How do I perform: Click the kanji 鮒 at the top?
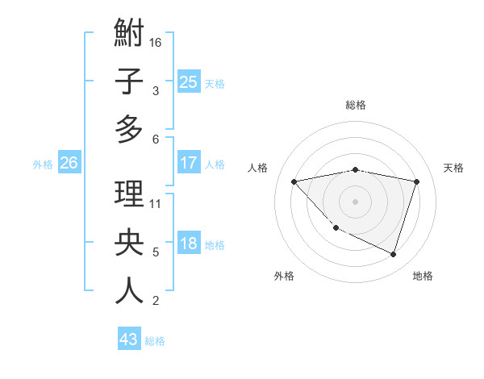click(x=129, y=35)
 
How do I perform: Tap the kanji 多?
click(x=129, y=129)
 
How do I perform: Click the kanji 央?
click(x=129, y=244)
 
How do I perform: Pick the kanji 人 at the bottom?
click(x=129, y=291)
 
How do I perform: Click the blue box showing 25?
click(x=188, y=81)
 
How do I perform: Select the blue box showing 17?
click(x=188, y=163)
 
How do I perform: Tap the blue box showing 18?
click(x=188, y=244)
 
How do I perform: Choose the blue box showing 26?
click(x=69, y=163)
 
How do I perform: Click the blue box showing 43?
click(x=128, y=339)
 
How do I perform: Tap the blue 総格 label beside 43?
click(x=155, y=341)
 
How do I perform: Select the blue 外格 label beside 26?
click(x=43, y=165)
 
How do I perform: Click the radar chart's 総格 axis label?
click(x=355, y=105)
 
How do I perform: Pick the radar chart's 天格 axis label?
click(x=453, y=168)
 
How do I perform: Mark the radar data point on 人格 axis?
click(x=294, y=181)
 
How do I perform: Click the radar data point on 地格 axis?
click(x=393, y=254)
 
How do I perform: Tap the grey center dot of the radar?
click(x=355, y=201)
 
